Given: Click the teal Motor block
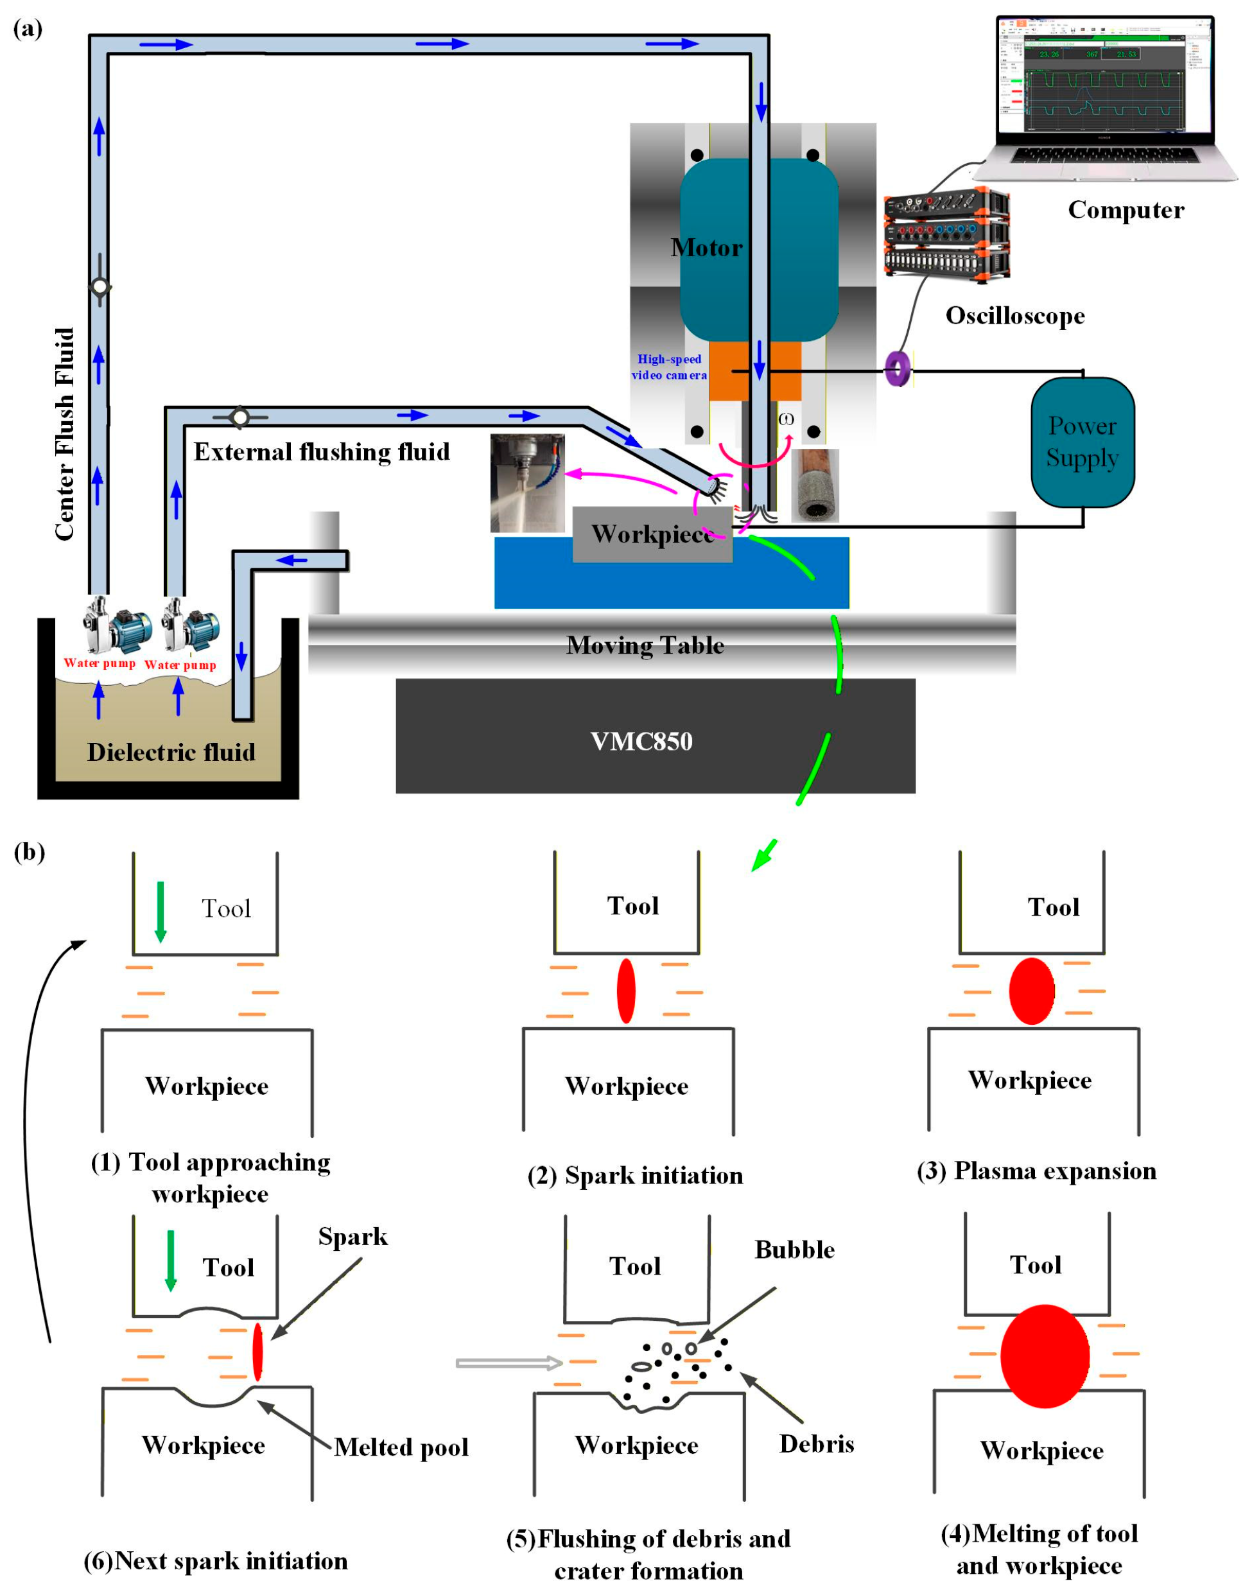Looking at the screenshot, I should (x=758, y=249).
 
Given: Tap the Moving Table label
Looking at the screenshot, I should (x=645, y=645).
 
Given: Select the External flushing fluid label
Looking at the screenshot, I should (x=321, y=451).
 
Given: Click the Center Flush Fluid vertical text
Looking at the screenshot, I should (x=64, y=434).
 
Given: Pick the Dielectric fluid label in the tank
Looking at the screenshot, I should (x=171, y=752).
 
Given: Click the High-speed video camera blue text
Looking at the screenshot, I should (x=668, y=367).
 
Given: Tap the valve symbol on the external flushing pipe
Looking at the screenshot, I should (x=239, y=417).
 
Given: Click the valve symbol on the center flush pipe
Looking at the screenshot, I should (x=100, y=286).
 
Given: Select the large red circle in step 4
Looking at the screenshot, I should (x=1044, y=1356).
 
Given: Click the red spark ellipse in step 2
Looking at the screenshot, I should (x=625, y=990).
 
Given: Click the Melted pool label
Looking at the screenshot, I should (x=401, y=1447).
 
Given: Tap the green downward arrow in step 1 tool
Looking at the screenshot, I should (x=161, y=912).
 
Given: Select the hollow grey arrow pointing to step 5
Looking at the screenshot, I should (x=509, y=1363).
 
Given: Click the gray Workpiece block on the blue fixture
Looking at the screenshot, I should (x=652, y=534).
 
